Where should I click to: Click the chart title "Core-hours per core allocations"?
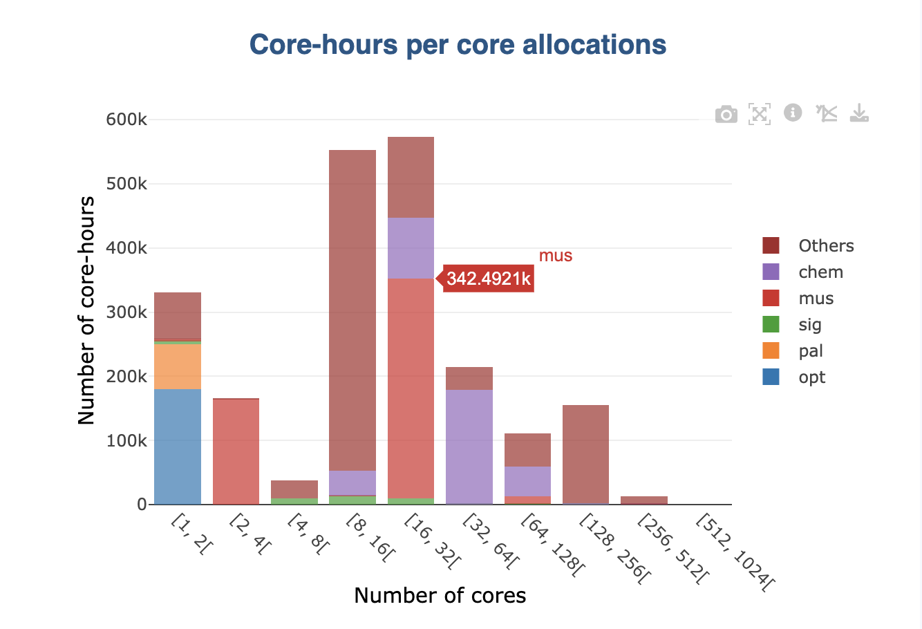[458, 45]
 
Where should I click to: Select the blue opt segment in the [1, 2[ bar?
[178, 447]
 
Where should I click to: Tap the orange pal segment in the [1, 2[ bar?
[178, 366]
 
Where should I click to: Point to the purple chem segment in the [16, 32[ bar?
[411, 248]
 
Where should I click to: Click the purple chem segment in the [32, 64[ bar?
[469, 446]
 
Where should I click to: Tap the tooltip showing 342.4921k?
[488, 279]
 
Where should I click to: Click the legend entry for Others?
[825, 246]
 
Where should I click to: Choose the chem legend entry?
[820, 272]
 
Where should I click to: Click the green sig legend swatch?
[771, 325]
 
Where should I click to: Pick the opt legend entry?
[811, 377]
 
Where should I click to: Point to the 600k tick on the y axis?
[126, 120]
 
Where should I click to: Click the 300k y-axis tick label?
[126, 312]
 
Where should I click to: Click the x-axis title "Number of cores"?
[440, 595]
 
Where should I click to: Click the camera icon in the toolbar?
[726, 114]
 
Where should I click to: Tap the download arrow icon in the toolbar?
[859, 113]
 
